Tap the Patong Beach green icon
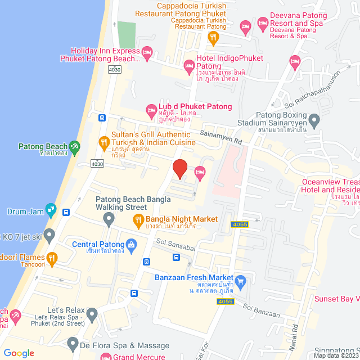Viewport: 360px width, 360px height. [x=74, y=147]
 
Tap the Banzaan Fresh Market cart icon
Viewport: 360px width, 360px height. [x=241, y=281]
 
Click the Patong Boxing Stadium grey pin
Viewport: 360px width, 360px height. [x=314, y=119]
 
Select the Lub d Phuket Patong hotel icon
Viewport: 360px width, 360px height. [x=151, y=110]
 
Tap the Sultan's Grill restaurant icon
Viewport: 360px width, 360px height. [x=103, y=142]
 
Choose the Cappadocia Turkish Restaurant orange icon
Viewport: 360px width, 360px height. [x=213, y=38]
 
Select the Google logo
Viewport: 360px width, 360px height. [x=19, y=353]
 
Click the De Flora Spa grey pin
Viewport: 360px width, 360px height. [x=72, y=343]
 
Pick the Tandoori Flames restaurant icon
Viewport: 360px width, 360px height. [x=52, y=258]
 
